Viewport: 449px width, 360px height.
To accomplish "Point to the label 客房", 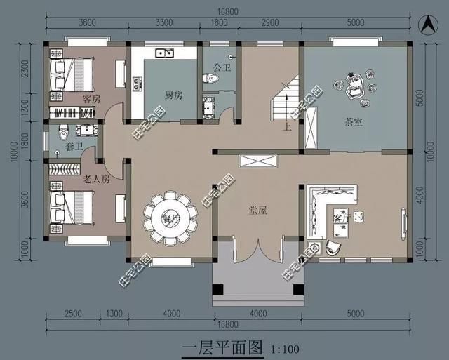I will [91, 98].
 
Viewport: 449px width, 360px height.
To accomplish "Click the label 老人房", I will [96, 178].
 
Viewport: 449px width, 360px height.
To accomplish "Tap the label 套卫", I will [74, 147].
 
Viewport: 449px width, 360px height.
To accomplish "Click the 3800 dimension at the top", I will [87, 22].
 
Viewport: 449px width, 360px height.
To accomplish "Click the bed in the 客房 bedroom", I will [73, 70].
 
